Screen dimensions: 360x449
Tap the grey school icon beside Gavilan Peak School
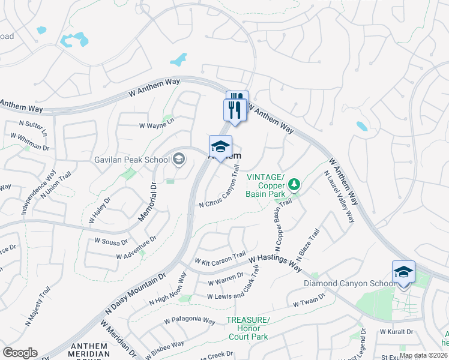click(x=179, y=159)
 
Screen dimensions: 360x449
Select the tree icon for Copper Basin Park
click(x=294, y=184)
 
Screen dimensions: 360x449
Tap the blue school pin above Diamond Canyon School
click(x=403, y=272)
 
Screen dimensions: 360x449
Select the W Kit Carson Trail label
click(x=220, y=258)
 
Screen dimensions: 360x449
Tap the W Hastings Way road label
click(x=275, y=262)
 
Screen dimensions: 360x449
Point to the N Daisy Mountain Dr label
click(x=135, y=294)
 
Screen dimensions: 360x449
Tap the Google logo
click(x=20, y=353)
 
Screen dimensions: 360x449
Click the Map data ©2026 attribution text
click(x=423, y=355)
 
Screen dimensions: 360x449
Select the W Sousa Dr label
click(x=112, y=242)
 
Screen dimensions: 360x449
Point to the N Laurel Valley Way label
click(x=339, y=197)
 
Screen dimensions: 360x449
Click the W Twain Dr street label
click(x=309, y=301)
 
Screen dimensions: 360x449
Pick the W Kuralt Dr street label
click(x=397, y=331)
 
